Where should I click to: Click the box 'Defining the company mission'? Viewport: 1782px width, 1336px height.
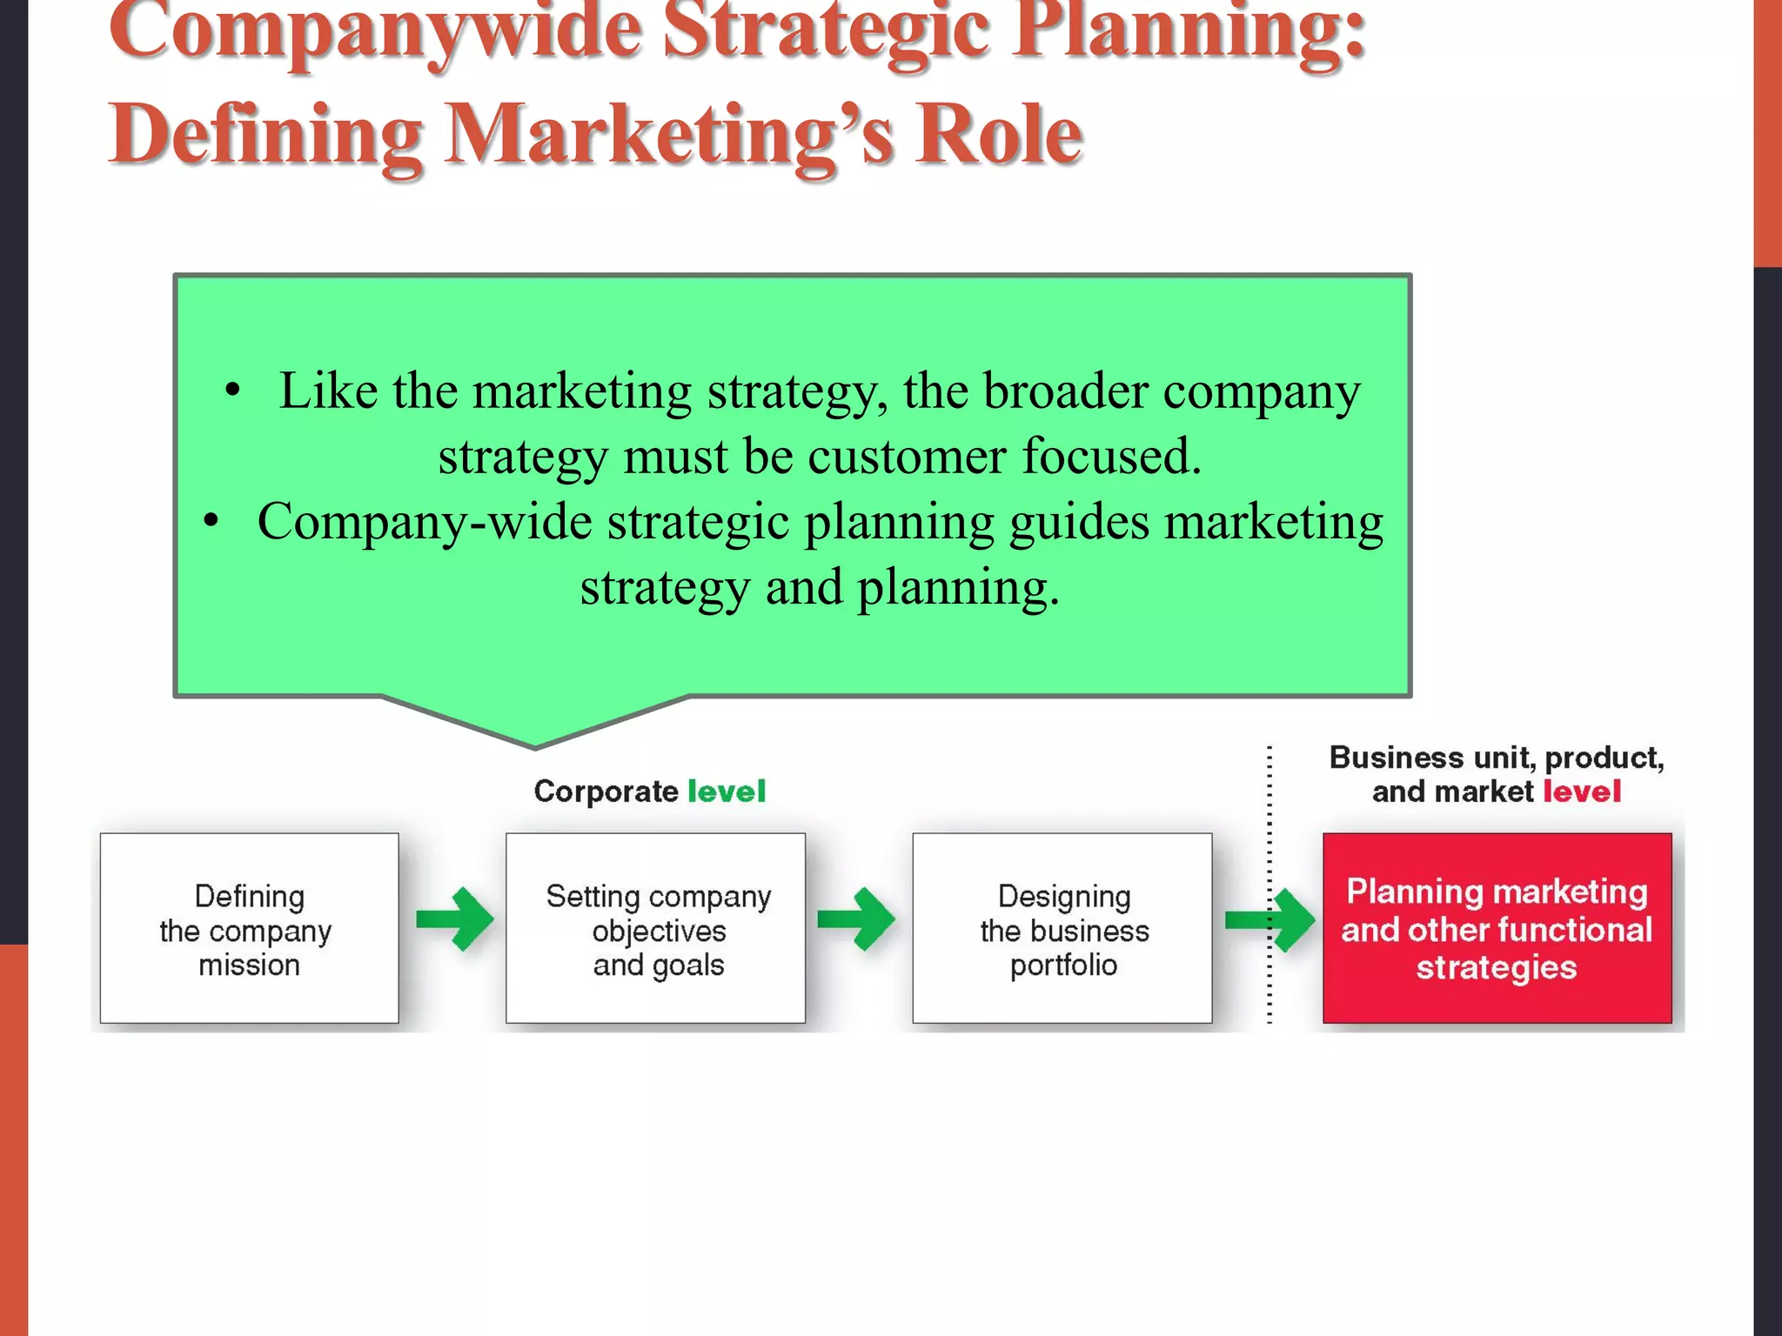249,928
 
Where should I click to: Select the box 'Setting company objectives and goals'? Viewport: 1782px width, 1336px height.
655,928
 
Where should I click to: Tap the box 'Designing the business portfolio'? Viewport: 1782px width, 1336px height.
1062,928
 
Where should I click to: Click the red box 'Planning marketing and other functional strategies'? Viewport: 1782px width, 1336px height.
1497,928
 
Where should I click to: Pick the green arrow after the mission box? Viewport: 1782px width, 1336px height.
456,919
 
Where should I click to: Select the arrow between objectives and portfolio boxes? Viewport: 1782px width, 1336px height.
857,919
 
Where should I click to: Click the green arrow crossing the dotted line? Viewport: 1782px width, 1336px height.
1270,919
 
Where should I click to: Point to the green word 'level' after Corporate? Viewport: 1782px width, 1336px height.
727,792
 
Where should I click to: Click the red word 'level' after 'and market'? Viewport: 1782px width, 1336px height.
1582,792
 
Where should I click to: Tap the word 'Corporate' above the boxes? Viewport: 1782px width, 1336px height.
606,792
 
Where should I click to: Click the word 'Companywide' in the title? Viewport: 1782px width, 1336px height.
374,30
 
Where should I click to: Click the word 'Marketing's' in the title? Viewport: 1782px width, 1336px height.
670,135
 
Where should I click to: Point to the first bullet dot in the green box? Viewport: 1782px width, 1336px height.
231,391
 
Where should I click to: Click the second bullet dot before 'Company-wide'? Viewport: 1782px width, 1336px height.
211,523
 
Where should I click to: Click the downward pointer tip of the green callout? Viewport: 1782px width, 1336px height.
534,745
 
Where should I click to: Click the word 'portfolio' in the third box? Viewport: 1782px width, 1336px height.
1063,965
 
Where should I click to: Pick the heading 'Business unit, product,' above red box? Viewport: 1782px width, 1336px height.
1497,758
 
